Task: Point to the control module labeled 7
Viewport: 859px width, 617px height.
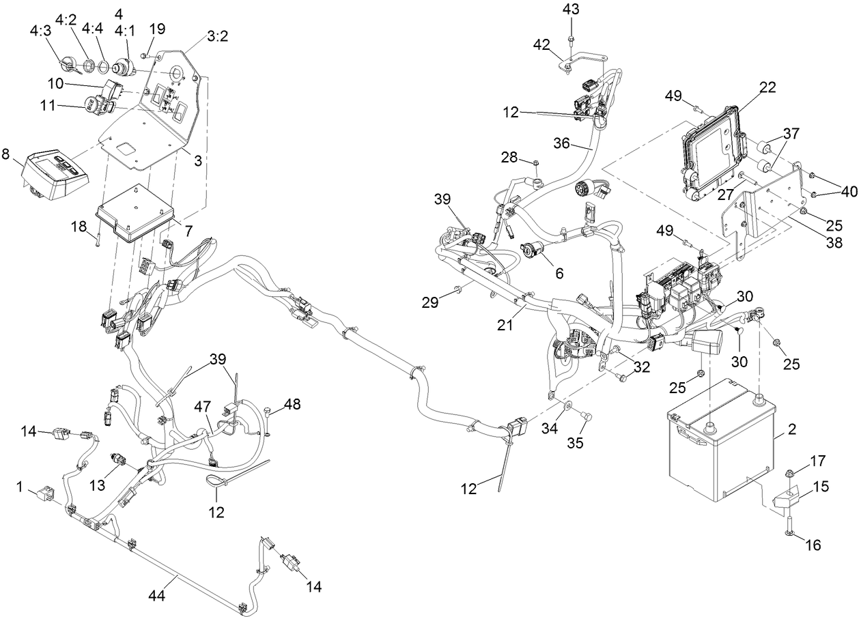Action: (x=136, y=212)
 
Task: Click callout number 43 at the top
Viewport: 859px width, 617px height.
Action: (x=571, y=9)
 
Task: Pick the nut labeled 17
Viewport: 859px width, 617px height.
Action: (x=789, y=474)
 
